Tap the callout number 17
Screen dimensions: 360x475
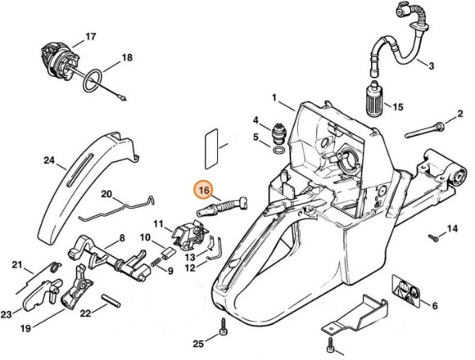[x=90, y=37]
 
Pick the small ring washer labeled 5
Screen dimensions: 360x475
[x=278, y=152]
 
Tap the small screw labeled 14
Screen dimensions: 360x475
[x=432, y=238]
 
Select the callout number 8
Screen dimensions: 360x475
[x=121, y=238]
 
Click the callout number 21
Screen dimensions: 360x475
[x=16, y=264]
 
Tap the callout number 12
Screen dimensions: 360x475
[x=190, y=266]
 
